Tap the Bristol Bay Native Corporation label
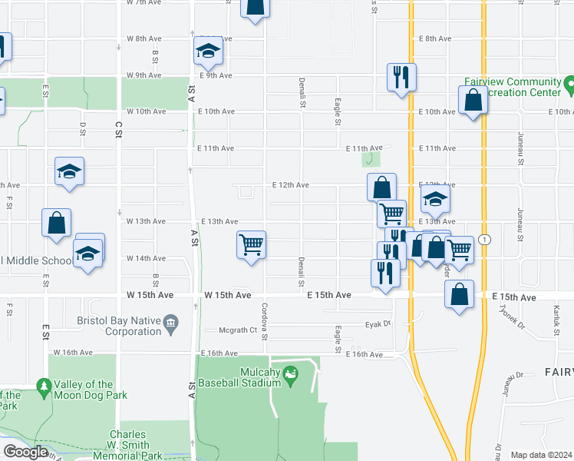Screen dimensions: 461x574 (117, 327)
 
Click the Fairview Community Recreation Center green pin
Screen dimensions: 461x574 (569, 82)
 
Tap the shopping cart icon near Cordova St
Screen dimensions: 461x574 (251, 245)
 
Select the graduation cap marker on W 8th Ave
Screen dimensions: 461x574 (207, 51)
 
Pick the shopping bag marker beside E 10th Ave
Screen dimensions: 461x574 (473, 100)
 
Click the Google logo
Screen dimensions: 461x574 (25, 453)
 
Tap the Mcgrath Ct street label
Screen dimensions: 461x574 (238, 330)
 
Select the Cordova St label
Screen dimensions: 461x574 (264, 321)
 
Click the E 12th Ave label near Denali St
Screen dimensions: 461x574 (291, 185)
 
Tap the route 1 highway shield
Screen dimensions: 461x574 (484, 240)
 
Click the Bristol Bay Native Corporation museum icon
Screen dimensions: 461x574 (172, 322)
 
